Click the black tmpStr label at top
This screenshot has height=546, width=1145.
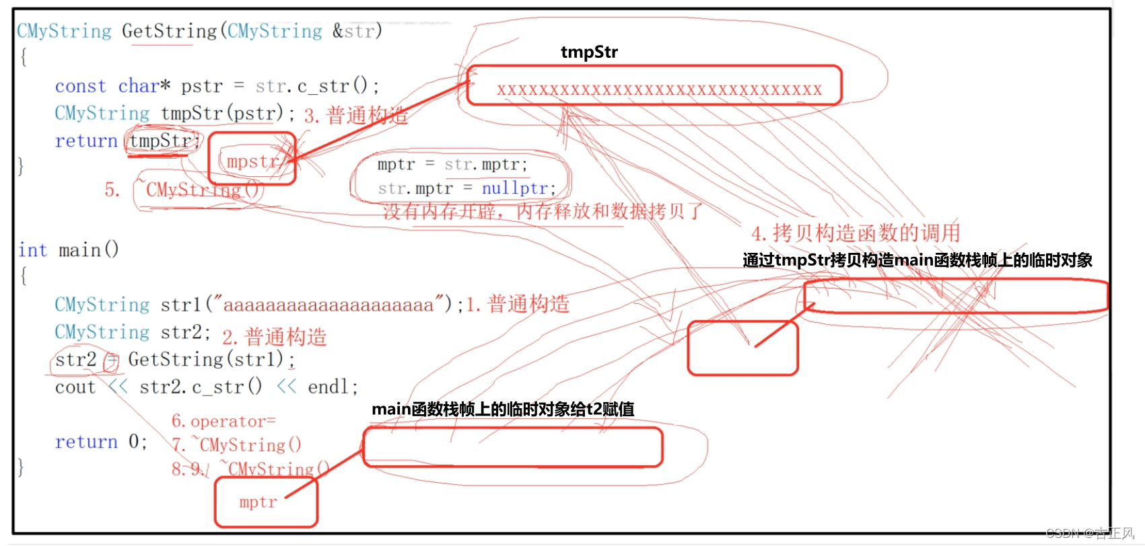point(589,52)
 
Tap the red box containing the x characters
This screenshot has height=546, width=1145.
point(654,85)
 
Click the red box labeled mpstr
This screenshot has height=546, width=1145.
point(252,159)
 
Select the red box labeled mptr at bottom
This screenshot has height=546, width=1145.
point(266,502)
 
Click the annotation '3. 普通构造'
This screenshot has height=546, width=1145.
point(355,116)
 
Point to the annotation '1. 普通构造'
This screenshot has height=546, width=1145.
point(518,305)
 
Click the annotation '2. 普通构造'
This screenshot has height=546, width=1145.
point(275,336)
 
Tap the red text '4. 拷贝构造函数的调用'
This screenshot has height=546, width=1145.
point(856,233)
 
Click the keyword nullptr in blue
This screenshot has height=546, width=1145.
point(516,189)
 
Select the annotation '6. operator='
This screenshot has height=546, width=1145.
point(223,422)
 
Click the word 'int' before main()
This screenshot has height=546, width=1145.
point(32,250)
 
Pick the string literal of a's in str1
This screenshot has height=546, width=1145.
point(328,305)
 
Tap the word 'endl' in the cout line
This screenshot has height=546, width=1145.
point(328,387)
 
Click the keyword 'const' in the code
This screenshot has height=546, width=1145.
point(80,86)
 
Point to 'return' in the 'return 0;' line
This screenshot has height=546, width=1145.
point(86,442)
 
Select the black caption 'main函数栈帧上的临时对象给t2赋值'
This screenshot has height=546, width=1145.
point(503,409)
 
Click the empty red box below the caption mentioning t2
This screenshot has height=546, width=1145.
point(513,447)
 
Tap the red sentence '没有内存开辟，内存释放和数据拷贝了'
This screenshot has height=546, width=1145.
point(543,212)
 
